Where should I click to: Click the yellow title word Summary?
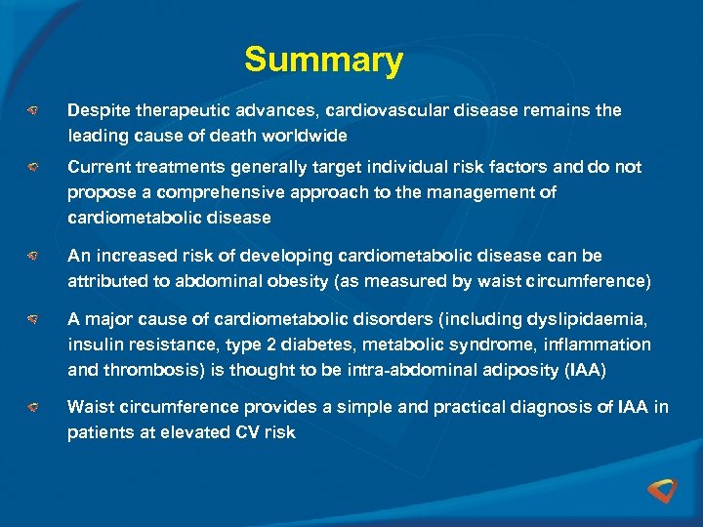tap(323, 61)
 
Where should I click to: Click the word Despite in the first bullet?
tap(95, 110)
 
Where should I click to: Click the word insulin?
tap(93, 345)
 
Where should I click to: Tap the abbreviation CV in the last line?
tap(247, 432)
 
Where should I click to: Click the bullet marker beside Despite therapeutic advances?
tap(32, 111)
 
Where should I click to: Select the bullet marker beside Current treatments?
tap(32, 168)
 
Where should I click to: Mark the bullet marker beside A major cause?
tap(32, 320)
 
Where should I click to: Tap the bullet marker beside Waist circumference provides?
tap(32, 408)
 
